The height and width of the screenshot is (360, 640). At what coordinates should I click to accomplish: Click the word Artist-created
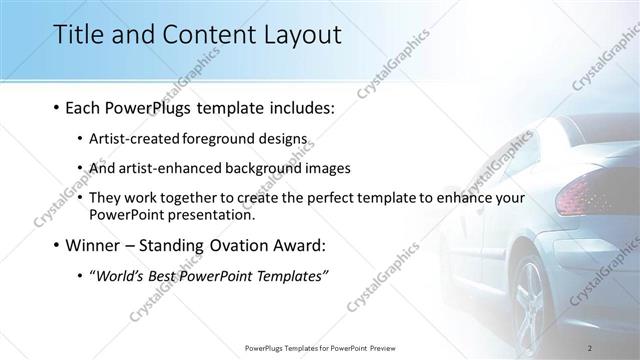(133, 140)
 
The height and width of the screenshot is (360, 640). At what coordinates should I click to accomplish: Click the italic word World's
(122, 276)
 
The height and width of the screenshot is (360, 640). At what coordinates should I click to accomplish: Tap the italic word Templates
(290, 276)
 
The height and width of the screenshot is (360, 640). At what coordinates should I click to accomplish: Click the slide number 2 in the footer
(591, 347)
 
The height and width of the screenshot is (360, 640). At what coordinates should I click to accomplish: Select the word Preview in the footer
(393, 347)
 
